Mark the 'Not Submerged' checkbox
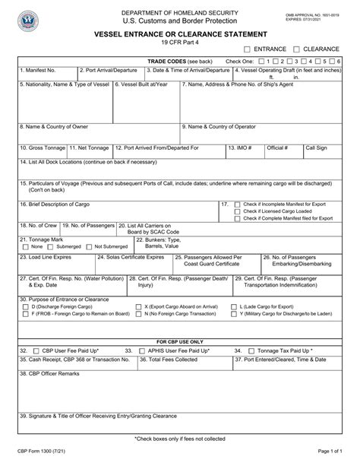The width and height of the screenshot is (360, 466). (x=90, y=246)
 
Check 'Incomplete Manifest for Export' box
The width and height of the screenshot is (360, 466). (x=238, y=204)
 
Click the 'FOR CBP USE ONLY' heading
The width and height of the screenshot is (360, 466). (x=179, y=341)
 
